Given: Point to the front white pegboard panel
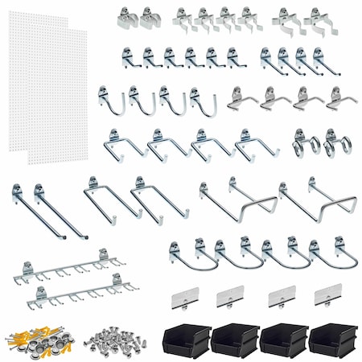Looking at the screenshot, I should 56,97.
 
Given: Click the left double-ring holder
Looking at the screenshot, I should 305,142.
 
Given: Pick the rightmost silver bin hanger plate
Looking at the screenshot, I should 327,295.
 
